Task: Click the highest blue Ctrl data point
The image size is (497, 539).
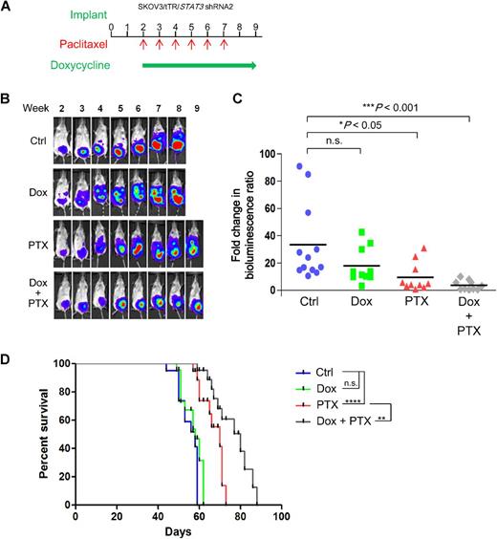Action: (x=298, y=166)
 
